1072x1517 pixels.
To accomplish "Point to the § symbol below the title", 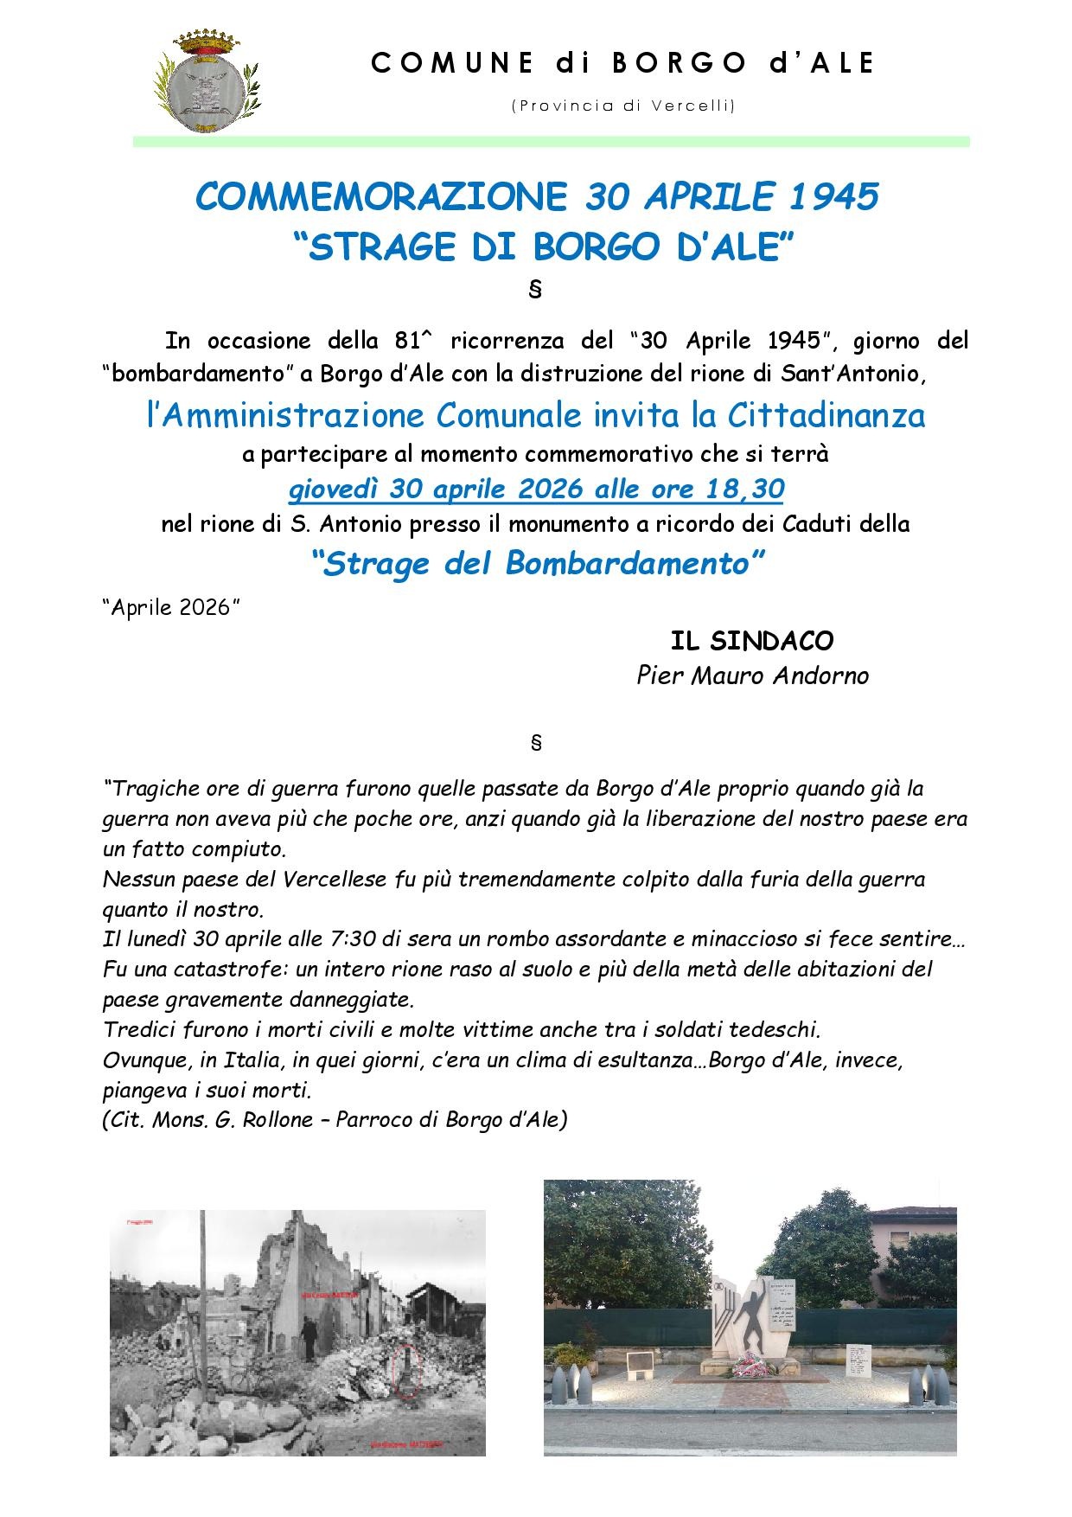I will point(534,290).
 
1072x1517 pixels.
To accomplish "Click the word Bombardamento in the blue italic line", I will point(626,564).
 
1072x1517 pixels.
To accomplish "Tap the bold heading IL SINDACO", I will point(752,641).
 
